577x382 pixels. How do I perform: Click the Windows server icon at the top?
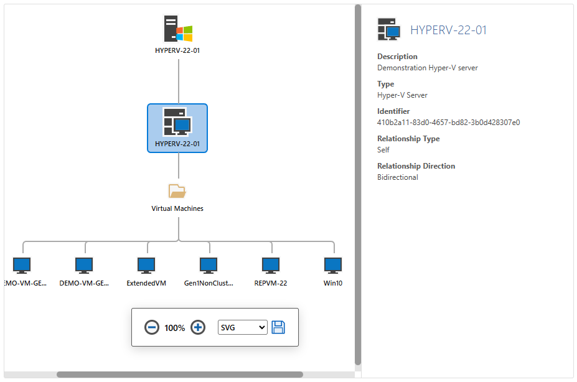tap(177, 30)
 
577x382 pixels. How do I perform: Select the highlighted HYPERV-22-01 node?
tap(177, 128)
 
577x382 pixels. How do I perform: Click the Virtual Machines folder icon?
tap(177, 191)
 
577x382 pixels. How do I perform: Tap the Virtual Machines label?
tap(177, 208)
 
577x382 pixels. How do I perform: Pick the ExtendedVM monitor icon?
tap(146, 266)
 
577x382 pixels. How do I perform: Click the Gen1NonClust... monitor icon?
tap(209, 266)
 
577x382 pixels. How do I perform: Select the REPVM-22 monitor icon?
tap(271, 266)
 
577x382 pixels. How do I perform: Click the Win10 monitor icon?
tap(333, 266)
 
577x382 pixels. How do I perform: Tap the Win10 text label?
tap(333, 283)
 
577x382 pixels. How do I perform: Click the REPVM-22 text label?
tap(271, 283)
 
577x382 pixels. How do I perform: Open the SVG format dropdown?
tap(242, 327)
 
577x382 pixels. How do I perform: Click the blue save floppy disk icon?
tap(278, 327)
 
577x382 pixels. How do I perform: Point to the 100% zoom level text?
tap(174, 328)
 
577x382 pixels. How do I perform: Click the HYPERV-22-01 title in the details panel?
tap(448, 30)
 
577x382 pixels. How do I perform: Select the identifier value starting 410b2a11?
tap(448, 123)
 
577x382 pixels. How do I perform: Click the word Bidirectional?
tap(398, 177)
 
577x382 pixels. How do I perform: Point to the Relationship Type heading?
tap(408, 139)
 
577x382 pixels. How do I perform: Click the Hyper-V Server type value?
tap(402, 95)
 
